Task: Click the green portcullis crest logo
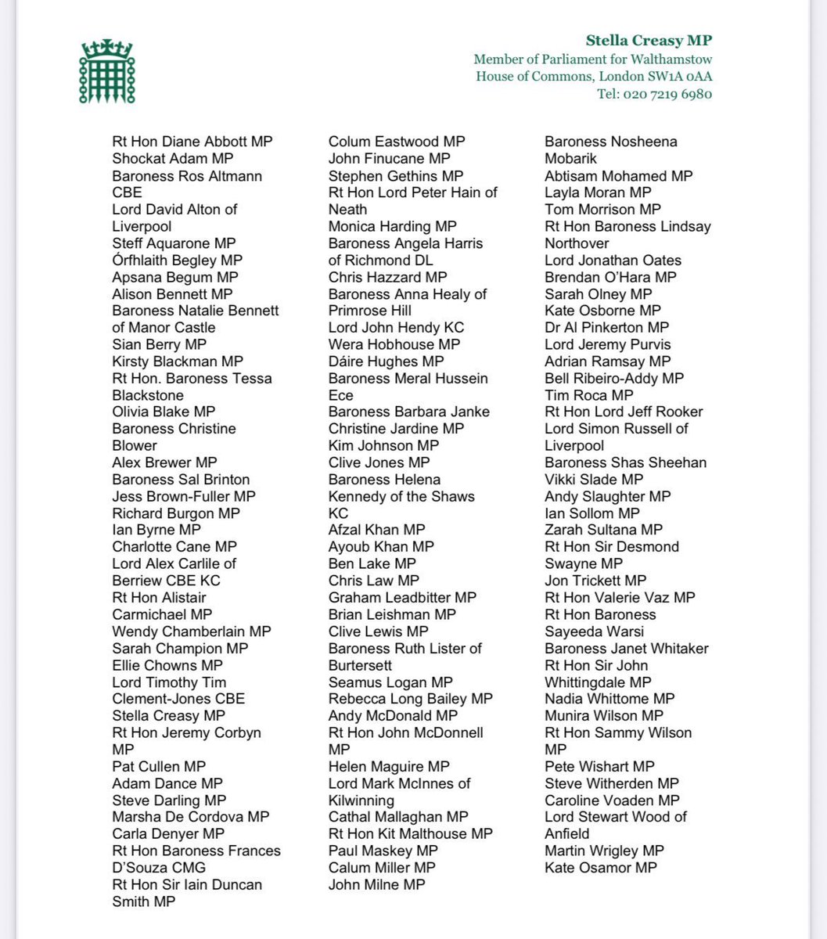(106, 71)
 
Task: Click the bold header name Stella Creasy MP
(649, 41)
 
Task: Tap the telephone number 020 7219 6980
(655, 94)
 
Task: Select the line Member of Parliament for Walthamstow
(592, 59)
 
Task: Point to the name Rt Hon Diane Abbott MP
(192, 142)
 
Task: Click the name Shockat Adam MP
(167, 159)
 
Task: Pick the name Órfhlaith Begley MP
(178, 260)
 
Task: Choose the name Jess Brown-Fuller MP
(184, 496)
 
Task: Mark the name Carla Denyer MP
(168, 833)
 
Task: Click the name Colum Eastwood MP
(397, 142)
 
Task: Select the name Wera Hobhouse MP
(394, 344)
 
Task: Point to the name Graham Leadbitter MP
(402, 597)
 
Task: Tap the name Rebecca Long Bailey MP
(411, 699)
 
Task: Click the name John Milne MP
(377, 884)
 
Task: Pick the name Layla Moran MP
(598, 192)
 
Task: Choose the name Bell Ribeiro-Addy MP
(614, 378)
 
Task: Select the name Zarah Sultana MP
(603, 530)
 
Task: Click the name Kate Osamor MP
(601, 867)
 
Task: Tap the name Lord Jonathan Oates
(613, 260)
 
